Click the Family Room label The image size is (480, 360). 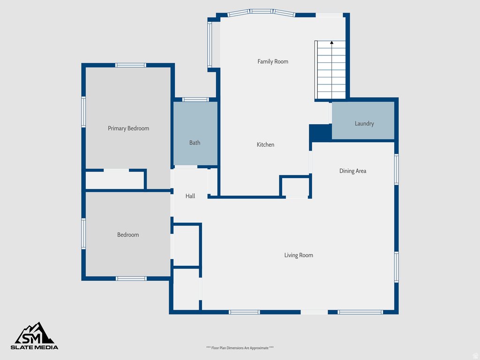click(273, 61)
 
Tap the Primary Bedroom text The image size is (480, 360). click(128, 128)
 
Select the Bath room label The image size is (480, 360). click(195, 142)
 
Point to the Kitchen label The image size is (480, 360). click(265, 145)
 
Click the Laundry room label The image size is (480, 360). click(364, 124)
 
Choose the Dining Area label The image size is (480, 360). click(353, 171)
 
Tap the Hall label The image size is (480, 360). click(190, 196)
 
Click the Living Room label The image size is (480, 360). click(299, 255)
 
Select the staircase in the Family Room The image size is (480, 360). click(331, 70)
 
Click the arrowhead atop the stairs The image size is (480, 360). click(332, 43)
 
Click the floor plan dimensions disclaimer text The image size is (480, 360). click(240, 348)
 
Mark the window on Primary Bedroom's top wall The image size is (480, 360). click(131, 65)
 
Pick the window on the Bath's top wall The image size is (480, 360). click(195, 99)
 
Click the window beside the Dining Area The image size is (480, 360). click(397, 169)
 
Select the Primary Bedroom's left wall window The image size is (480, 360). click(83, 112)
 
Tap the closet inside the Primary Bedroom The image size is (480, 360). click(115, 180)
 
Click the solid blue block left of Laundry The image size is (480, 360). click(320, 133)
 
